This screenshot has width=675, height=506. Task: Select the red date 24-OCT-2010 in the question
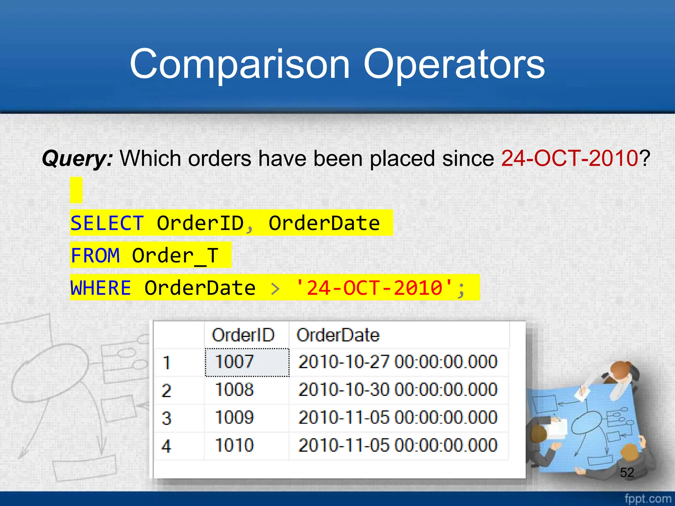click(x=570, y=158)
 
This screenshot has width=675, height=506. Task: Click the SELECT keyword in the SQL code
click(x=107, y=223)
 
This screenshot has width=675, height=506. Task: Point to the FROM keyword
click(x=95, y=255)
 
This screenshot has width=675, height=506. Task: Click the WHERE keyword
click(x=101, y=288)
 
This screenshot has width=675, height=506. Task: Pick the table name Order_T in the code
click(x=175, y=256)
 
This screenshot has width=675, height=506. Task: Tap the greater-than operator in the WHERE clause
click(x=275, y=289)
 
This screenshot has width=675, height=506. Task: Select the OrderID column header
click(x=243, y=335)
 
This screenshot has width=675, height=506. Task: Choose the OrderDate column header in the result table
click(x=338, y=335)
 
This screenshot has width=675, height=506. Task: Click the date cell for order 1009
click(x=397, y=417)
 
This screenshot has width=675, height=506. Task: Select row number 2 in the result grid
click(x=166, y=391)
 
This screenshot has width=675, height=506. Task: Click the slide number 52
click(x=627, y=472)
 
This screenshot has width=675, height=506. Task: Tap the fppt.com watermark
click(x=648, y=498)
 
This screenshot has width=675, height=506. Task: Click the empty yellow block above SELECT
click(x=76, y=190)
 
